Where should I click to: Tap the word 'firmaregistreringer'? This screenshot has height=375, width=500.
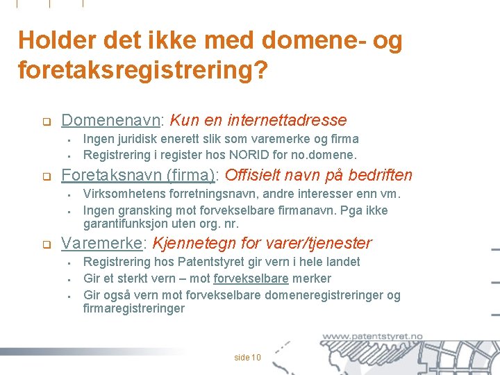[x=134, y=308]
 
